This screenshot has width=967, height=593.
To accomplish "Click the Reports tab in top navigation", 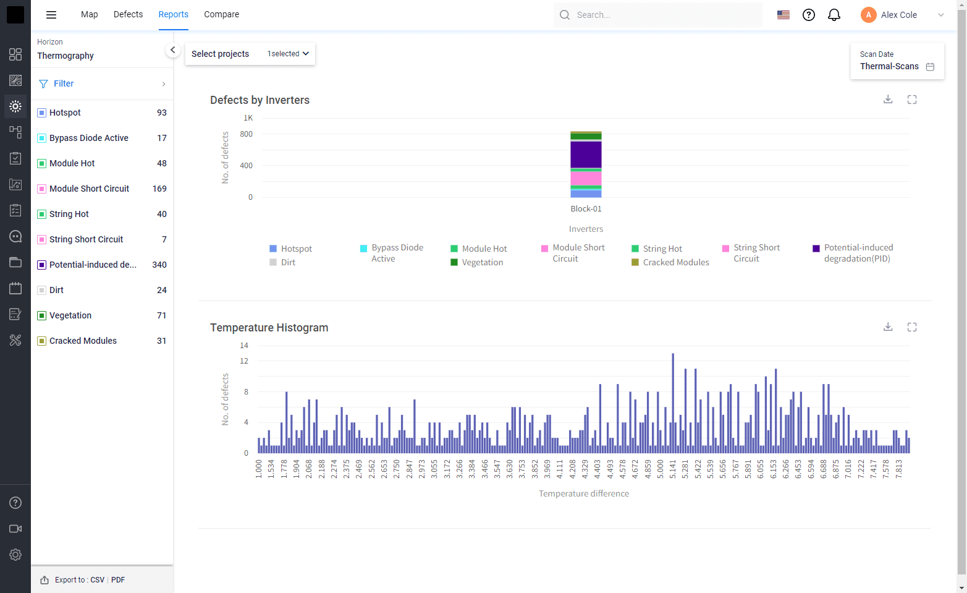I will point(173,14).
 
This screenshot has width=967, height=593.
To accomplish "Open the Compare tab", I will point(221,14).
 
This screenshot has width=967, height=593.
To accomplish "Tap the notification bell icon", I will point(834,15).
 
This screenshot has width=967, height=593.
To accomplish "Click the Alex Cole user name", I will point(898,15).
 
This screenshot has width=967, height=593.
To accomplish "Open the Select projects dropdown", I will point(250,54).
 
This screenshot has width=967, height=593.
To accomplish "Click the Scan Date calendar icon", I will point(930,67).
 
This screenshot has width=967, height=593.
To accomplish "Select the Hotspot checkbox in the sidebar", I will point(42,113).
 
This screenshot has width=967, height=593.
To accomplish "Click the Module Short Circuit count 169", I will point(159,189).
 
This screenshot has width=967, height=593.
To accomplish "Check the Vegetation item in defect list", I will point(42,315).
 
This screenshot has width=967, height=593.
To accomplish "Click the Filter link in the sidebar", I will point(64,83).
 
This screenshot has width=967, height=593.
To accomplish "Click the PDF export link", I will point(118,580).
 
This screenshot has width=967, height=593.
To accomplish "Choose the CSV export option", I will point(97,580).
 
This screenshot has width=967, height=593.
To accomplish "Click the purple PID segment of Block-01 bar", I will point(586,155).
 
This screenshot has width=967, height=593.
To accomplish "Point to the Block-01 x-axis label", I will point(586,209).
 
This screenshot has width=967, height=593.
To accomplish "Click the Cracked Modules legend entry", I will point(675,262).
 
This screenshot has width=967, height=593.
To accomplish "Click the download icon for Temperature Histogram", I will point(888,326).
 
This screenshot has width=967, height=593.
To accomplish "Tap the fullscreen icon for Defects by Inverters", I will point(912,100).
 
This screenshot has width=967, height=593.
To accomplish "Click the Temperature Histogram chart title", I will point(269,328).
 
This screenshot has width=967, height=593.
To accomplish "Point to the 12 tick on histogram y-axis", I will point(244,361).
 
